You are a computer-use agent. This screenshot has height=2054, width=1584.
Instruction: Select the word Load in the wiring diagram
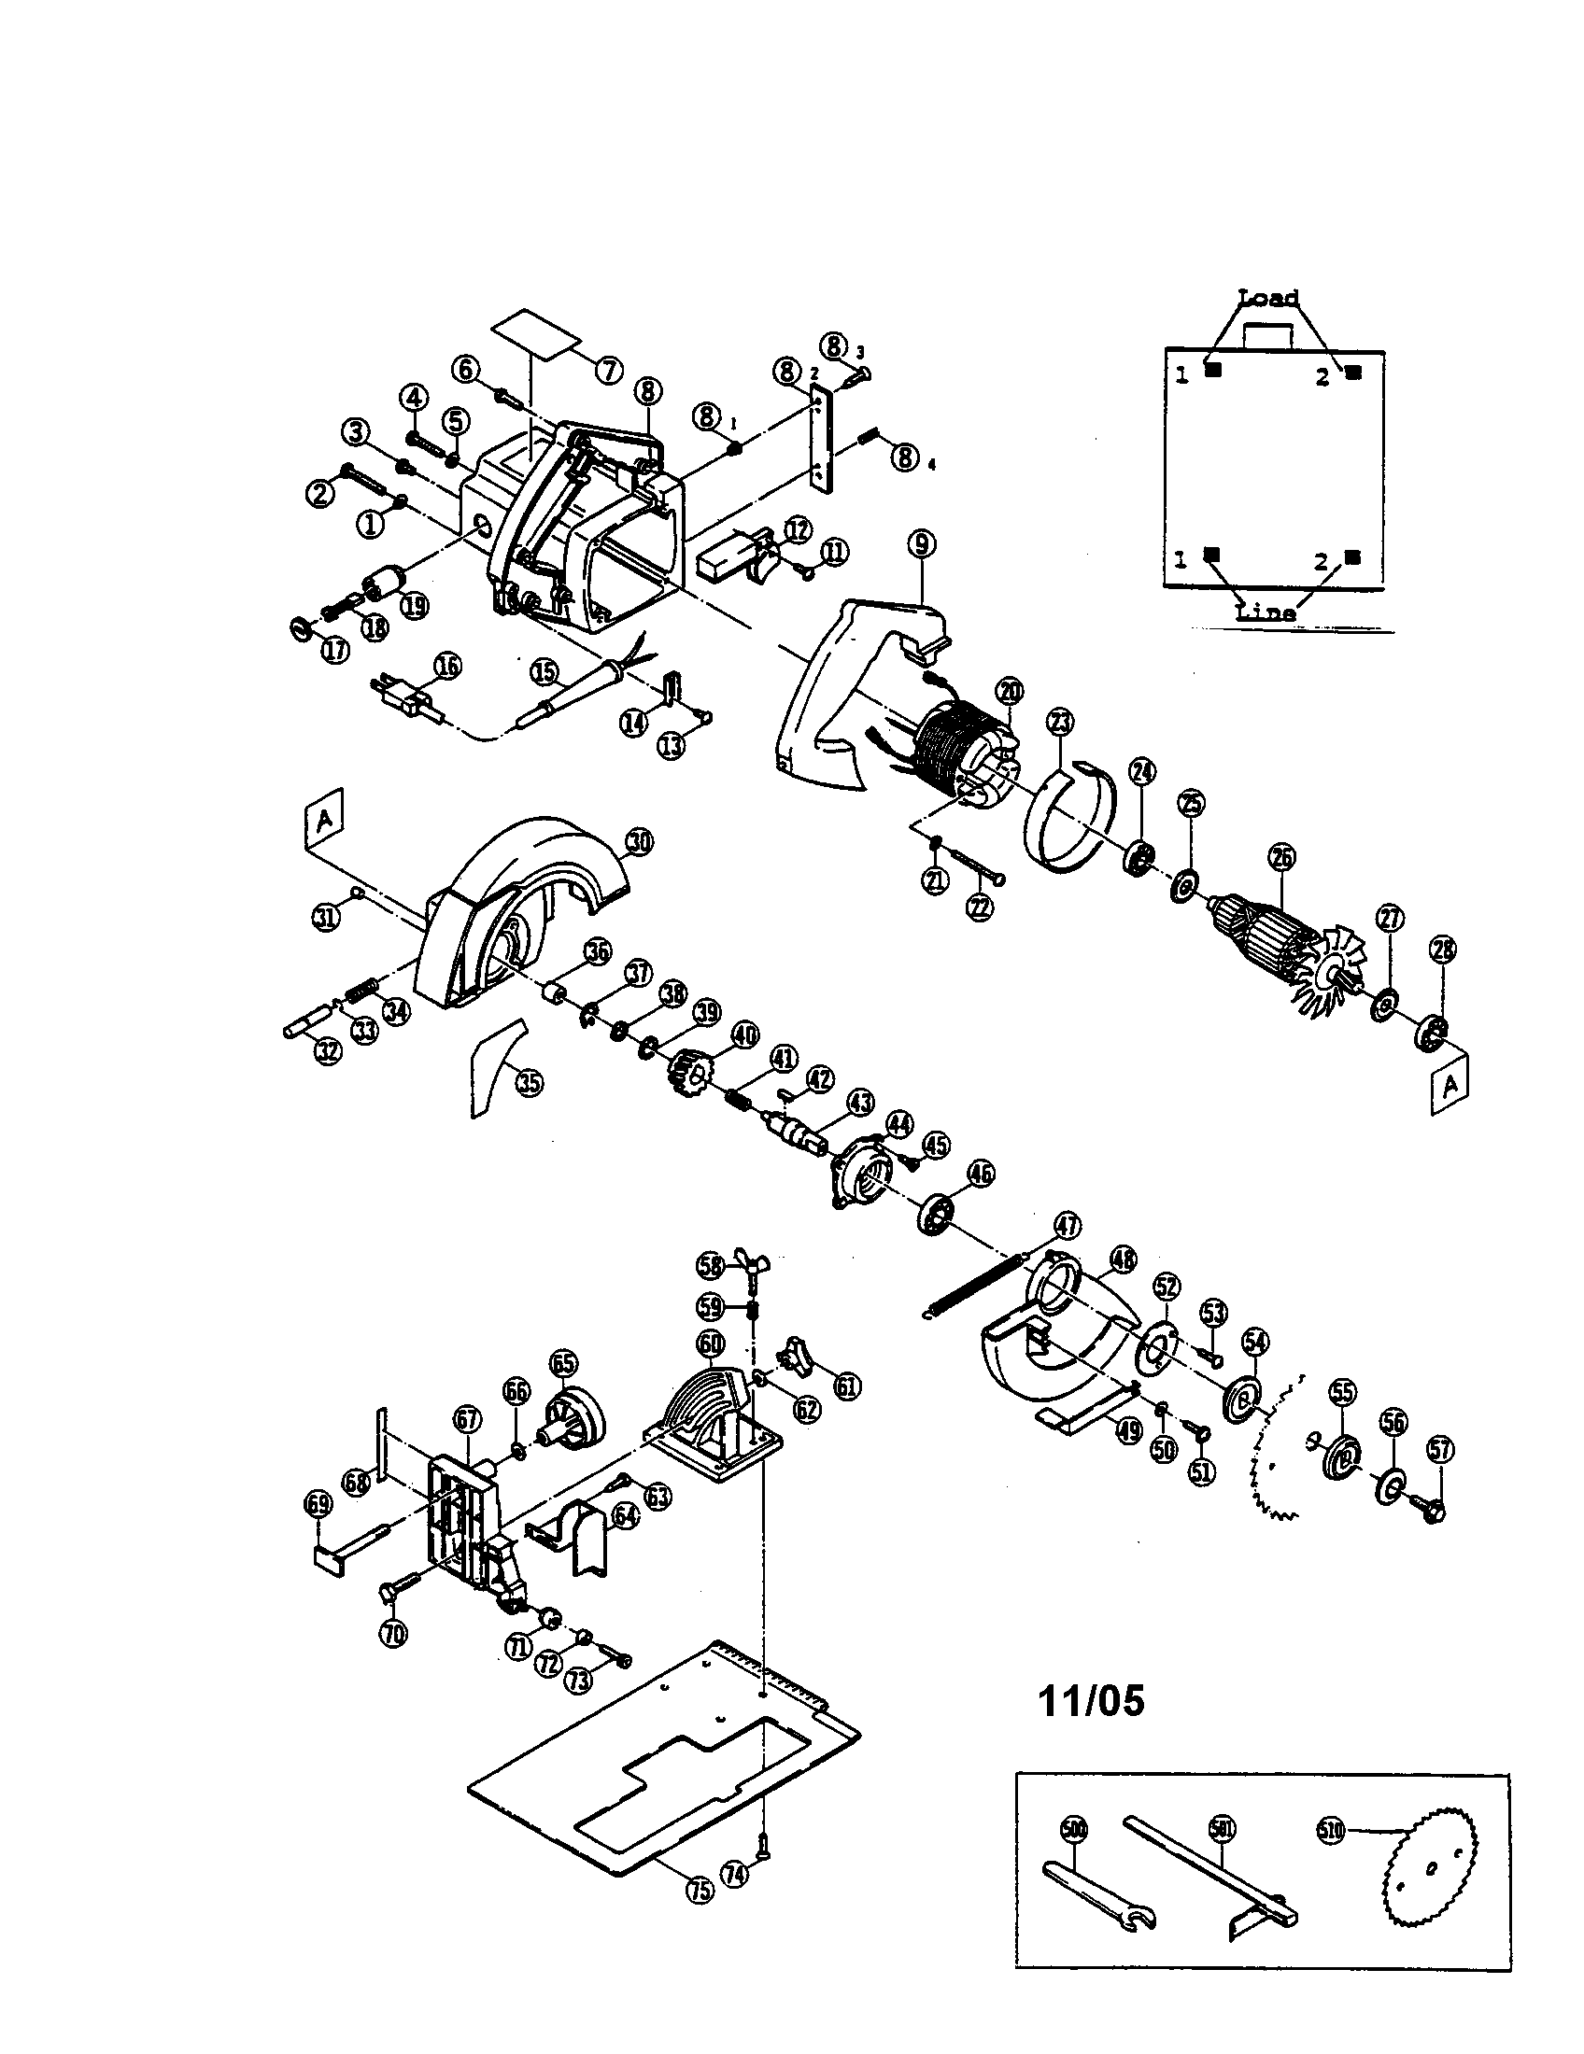1268,298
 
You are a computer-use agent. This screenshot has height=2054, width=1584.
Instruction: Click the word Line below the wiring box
1266,612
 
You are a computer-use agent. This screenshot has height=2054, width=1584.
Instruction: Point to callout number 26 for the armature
1282,856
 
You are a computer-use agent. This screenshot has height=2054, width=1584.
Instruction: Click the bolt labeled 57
1432,1512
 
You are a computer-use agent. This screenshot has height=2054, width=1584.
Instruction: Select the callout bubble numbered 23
1060,723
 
